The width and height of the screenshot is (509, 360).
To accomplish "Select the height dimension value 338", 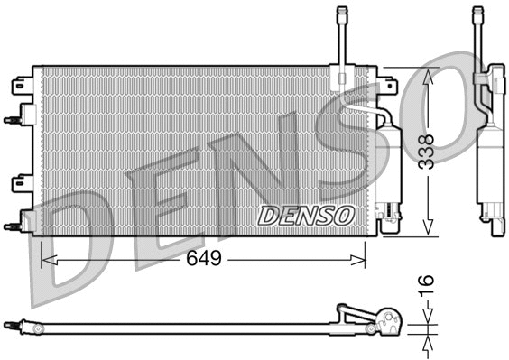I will coord(427,151).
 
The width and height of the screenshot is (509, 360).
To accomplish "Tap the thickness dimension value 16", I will coord(427,287).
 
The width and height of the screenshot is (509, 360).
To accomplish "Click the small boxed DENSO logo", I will coord(306,216).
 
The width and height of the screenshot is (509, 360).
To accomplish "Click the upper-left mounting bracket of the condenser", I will coord(22,87).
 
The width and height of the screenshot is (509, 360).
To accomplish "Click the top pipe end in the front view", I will coord(342,13).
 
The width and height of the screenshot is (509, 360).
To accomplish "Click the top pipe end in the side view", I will coord(477,13).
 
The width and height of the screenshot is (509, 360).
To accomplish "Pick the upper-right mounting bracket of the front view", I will coord(388,87).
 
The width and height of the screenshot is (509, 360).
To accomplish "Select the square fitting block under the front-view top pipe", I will coord(341,78).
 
